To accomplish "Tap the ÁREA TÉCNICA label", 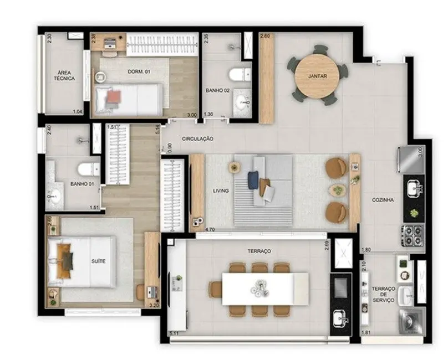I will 65,75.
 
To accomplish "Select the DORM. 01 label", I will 136,71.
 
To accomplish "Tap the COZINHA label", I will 383,200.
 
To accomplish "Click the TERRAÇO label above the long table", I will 259,251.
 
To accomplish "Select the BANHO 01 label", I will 81,183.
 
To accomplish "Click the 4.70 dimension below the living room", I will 210,228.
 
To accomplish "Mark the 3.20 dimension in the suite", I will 154,305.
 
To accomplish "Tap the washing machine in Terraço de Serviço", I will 409,321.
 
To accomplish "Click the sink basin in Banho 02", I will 242,102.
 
